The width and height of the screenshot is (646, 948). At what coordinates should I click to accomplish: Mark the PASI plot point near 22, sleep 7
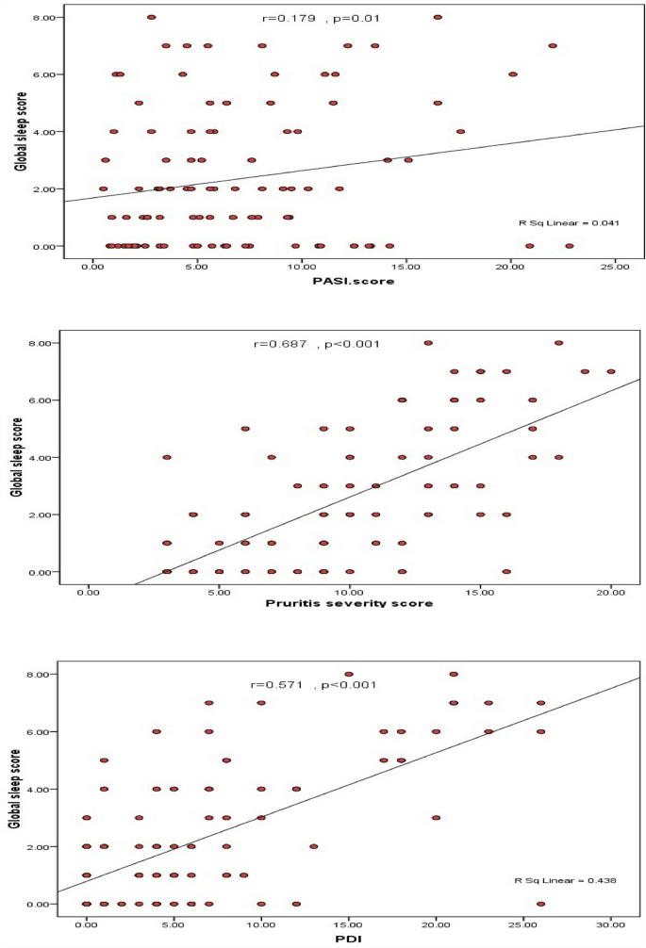pyautogui.click(x=553, y=45)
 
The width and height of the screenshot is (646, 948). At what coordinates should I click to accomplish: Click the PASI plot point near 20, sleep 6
pyautogui.click(x=513, y=74)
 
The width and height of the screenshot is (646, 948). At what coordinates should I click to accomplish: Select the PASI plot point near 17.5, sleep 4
pyautogui.click(x=460, y=132)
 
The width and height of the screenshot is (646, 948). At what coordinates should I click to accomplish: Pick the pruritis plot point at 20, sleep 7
pyautogui.click(x=611, y=371)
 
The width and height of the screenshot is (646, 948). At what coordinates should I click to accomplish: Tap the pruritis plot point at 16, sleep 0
pyautogui.click(x=506, y=572)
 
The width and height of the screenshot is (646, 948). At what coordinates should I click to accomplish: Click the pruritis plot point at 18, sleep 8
pyautogui.click(x=558, y=343)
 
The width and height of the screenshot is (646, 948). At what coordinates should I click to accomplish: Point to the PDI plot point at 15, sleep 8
pyautogui.click(x=349, y=675)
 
